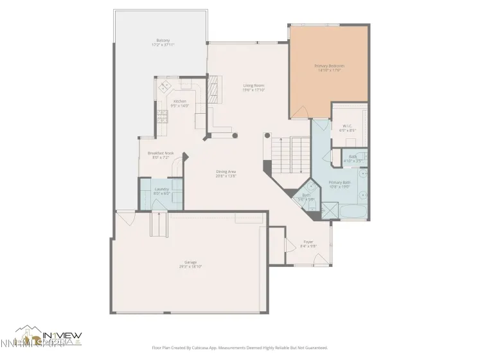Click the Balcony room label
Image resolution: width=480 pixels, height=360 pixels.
tap(163, 42)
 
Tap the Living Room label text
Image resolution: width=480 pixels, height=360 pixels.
tap(253, 87)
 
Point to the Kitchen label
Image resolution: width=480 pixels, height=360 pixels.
tap(180, 103)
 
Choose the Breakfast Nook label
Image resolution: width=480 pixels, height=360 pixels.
tap(161, 155)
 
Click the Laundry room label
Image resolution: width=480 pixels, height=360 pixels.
tap(161, 191)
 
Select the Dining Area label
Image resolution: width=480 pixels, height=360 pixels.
tap(226, 173)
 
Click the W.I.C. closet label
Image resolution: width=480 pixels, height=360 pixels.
tap(348, 127)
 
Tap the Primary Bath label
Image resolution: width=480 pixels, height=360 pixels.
tap(339, 184)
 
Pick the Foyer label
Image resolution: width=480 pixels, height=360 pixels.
tap(308, 244)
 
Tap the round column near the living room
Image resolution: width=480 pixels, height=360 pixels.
tap(235, 136)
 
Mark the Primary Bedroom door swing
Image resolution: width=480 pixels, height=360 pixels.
tap(299, 112)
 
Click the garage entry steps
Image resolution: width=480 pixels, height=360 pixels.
tap(159, 225)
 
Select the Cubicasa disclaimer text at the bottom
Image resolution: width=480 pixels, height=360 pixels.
tap(239, 348)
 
